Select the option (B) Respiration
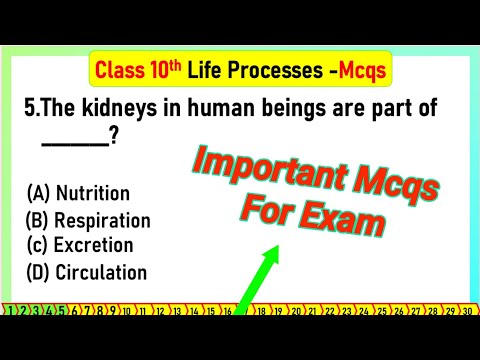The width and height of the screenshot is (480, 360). [x=88, y=220]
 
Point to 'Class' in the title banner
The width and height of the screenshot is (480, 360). [x=119, y=70]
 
